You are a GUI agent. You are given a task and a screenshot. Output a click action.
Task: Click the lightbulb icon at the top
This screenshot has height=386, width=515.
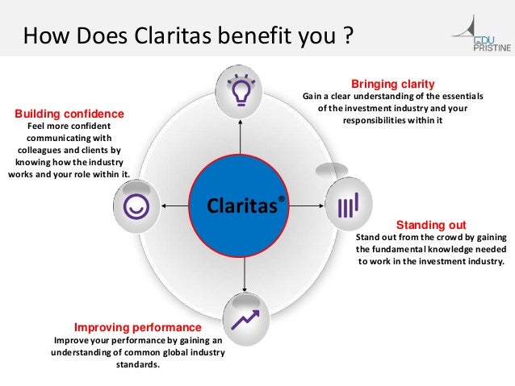pos(241,89)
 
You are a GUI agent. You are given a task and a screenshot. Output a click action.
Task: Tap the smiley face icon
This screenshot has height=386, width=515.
pos(135,206)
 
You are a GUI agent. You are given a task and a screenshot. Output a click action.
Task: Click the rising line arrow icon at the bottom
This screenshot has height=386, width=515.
pos(242,319)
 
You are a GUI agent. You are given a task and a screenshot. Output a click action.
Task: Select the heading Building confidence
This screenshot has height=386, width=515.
pos(69,114)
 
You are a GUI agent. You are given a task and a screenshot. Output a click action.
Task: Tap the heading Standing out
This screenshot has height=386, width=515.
pos(431,223)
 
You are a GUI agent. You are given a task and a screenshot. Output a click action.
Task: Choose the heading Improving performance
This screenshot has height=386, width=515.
pos(137,328)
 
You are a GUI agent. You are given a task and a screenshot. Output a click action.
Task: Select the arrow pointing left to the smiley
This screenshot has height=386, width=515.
pos(174,206)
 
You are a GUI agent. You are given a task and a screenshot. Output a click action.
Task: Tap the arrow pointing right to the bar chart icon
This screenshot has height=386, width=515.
pos(308,206)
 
